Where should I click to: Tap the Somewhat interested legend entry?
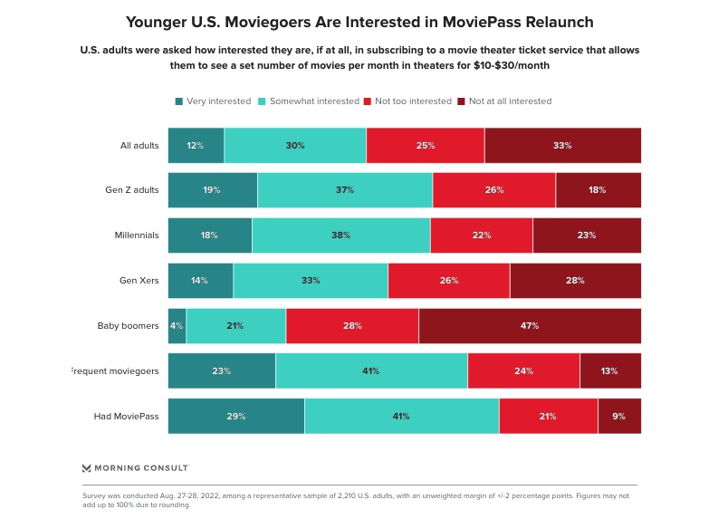pos(309,101)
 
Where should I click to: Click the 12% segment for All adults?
pos(196,145)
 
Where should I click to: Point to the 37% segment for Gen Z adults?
pos(345,190)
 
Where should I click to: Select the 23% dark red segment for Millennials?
pos(587,235)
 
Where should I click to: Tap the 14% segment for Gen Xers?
pos(200,281)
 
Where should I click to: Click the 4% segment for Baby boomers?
pos(177,325)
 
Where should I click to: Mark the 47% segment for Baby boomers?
pos(530,325)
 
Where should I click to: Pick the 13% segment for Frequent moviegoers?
pos(610,370)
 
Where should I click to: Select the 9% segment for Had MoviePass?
pos(619,416)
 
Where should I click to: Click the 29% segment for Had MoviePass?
pos(235,416)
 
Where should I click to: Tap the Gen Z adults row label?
pos(132,190)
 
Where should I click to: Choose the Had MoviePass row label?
pos(127,416)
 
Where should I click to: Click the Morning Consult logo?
pos(135,468)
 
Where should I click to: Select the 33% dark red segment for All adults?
pos(562,145)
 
